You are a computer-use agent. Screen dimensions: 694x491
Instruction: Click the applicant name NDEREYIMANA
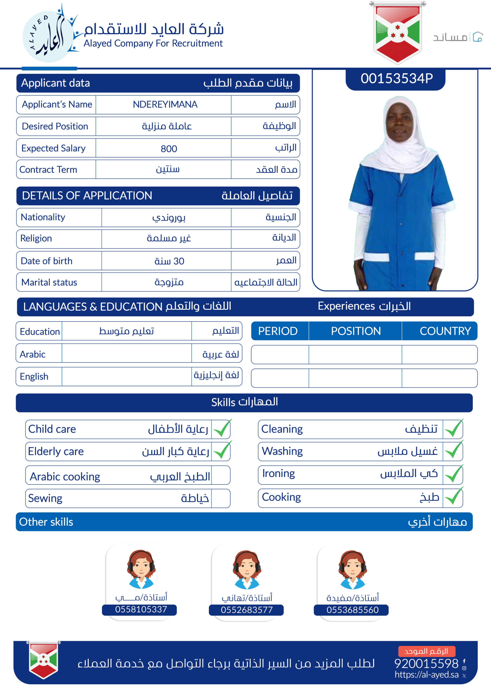[165, 105]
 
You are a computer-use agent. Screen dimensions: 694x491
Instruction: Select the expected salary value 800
[168, 149]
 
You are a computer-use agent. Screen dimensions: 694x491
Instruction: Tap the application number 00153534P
[396, 79]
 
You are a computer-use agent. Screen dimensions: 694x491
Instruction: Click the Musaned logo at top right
[457, 37]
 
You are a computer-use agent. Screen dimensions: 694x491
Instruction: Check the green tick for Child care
[221, 429]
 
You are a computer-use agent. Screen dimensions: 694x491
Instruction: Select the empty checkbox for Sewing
[221, 498]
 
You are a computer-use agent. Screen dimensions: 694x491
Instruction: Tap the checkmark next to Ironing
[453, 474]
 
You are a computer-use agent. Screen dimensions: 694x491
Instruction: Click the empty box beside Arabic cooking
[221, 475]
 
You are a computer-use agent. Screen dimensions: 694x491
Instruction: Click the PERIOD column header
[278, 331]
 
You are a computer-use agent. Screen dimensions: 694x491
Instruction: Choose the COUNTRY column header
[445, 331]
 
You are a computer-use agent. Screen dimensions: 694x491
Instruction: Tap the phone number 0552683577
[247, 610]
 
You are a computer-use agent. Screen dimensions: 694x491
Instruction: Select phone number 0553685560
[352, 610]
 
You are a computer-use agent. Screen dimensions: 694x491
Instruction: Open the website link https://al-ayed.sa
[426, 675]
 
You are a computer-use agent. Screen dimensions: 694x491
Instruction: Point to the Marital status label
[49, 282]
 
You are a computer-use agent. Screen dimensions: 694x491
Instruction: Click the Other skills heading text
[46, 522]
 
